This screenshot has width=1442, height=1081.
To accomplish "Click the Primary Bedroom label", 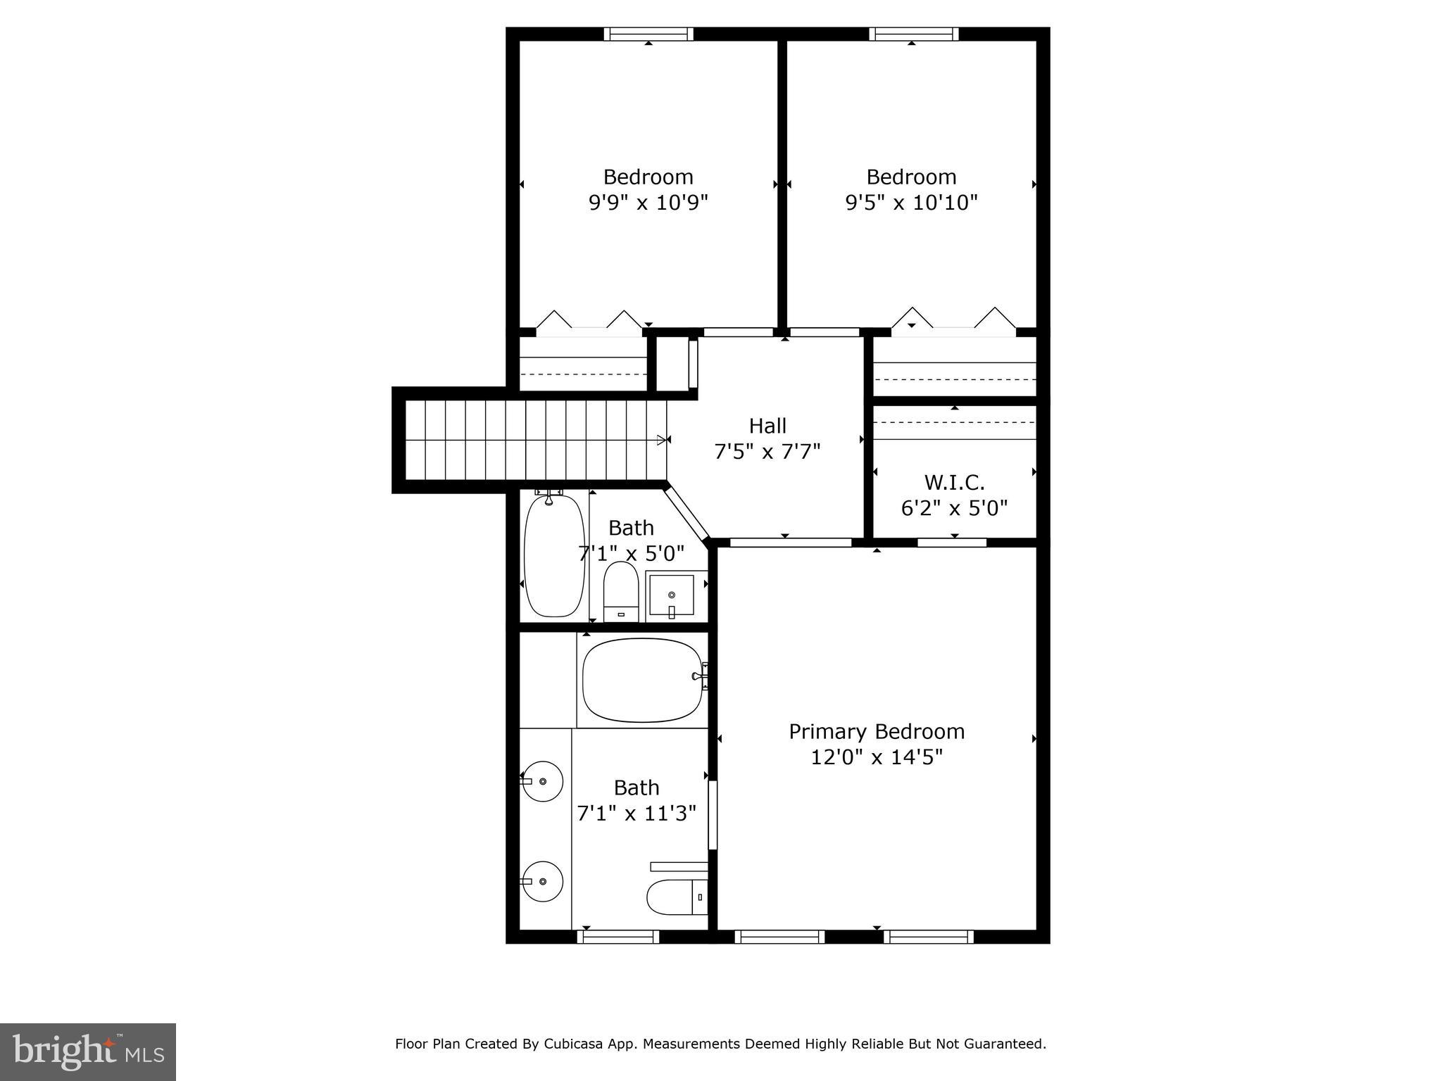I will [876, 732].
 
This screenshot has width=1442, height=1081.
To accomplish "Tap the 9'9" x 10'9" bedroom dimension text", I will [648, 203].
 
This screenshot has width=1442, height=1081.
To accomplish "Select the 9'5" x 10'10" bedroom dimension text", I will [911, 203].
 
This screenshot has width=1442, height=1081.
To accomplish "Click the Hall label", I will [767, 426].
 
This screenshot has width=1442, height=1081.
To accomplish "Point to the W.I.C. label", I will [954, 483].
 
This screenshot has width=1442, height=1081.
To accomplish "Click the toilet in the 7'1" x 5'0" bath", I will [620, 591].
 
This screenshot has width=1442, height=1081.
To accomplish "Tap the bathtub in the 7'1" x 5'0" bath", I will [554, 556].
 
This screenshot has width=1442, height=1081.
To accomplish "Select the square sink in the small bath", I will [671, 595].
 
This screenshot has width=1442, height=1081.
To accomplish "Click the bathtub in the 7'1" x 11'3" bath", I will [642, 680].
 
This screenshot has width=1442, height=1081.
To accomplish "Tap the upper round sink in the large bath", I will [543, 781].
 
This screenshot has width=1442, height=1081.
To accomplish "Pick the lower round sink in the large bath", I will [543, 882].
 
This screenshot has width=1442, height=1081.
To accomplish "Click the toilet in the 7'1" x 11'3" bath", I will [676, 897].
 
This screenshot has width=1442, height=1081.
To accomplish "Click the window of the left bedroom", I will [648, 34].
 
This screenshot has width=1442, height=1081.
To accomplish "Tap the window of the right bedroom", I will [913, 34].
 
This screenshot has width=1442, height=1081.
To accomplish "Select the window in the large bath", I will [617, 937].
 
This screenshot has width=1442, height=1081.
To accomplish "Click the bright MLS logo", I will [88, 1051].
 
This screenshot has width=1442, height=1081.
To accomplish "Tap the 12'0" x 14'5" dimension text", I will [876, 758].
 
